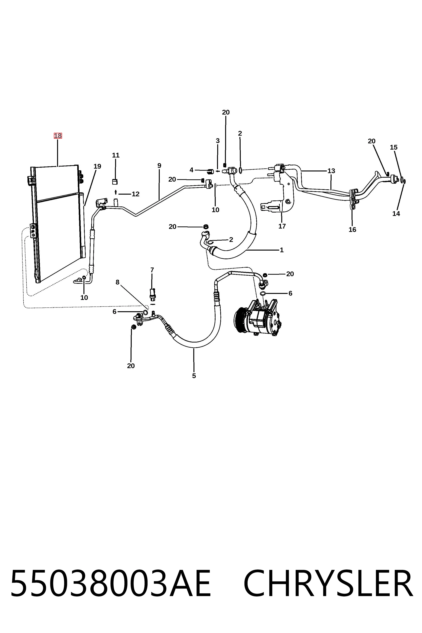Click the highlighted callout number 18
click(58, 136)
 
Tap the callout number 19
click(97, 166)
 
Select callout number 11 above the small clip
click(116, 155)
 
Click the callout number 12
click(136, 194)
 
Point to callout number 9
click(159, 166)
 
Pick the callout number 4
click(191, 170)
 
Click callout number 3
click(218, 141)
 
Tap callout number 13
click(331, 171)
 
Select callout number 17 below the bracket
click(282, 226)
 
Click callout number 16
click(352, 230)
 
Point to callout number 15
click(394, 147)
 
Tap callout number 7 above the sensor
click(152, 270)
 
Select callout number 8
click(117, 282)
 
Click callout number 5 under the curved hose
click(194, 376)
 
